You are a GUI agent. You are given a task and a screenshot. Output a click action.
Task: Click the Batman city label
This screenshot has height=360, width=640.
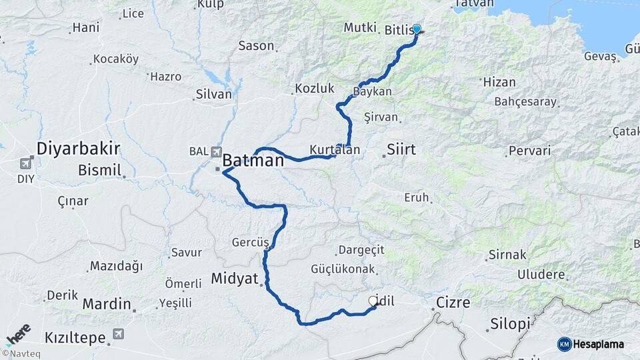pyautogui.click(x=253, y=161)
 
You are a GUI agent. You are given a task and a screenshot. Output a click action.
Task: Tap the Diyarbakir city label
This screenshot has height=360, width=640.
pyautogui.click(x=78, y=148)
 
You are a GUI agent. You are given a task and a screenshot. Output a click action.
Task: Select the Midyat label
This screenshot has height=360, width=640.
pyautogui.click(x=234, y=278)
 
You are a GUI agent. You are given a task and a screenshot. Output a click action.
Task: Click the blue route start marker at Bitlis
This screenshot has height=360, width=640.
pyautogui.click(x=417, y=29)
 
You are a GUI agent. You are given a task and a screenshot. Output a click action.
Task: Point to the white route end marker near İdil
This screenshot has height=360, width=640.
pyautogui.click(x=373, y=301)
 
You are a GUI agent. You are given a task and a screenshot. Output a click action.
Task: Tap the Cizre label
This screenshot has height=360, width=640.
pyautogui.click(x=453, y=303)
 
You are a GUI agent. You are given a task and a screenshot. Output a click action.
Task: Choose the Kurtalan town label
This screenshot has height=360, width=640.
pyautogui.click(x=335, y=150)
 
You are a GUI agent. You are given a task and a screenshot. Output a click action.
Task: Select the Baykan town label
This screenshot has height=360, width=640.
pyautogui.click(x=373, y=91)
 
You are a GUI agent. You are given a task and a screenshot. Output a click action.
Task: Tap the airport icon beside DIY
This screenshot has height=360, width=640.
pyautogui.click(x=26, y=163)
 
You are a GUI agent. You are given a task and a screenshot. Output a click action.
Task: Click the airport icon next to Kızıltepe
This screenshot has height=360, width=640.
pyautogui.click(x=119, y=333)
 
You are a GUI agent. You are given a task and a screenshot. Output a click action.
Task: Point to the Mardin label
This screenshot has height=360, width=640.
pyautogui.click(x=107, y=304)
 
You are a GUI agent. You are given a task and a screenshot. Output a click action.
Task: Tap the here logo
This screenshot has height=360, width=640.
pyautogui.click(x=19, y=334)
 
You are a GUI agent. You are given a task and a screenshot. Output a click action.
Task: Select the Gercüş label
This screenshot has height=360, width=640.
pyautogui.click(x=250, y=242)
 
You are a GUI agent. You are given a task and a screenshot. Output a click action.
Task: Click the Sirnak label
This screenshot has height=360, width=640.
pyautogui.click(x=507, y=255)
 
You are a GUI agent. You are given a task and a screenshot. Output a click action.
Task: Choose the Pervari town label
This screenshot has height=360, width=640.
pyautogui.click(x=529, y=151)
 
